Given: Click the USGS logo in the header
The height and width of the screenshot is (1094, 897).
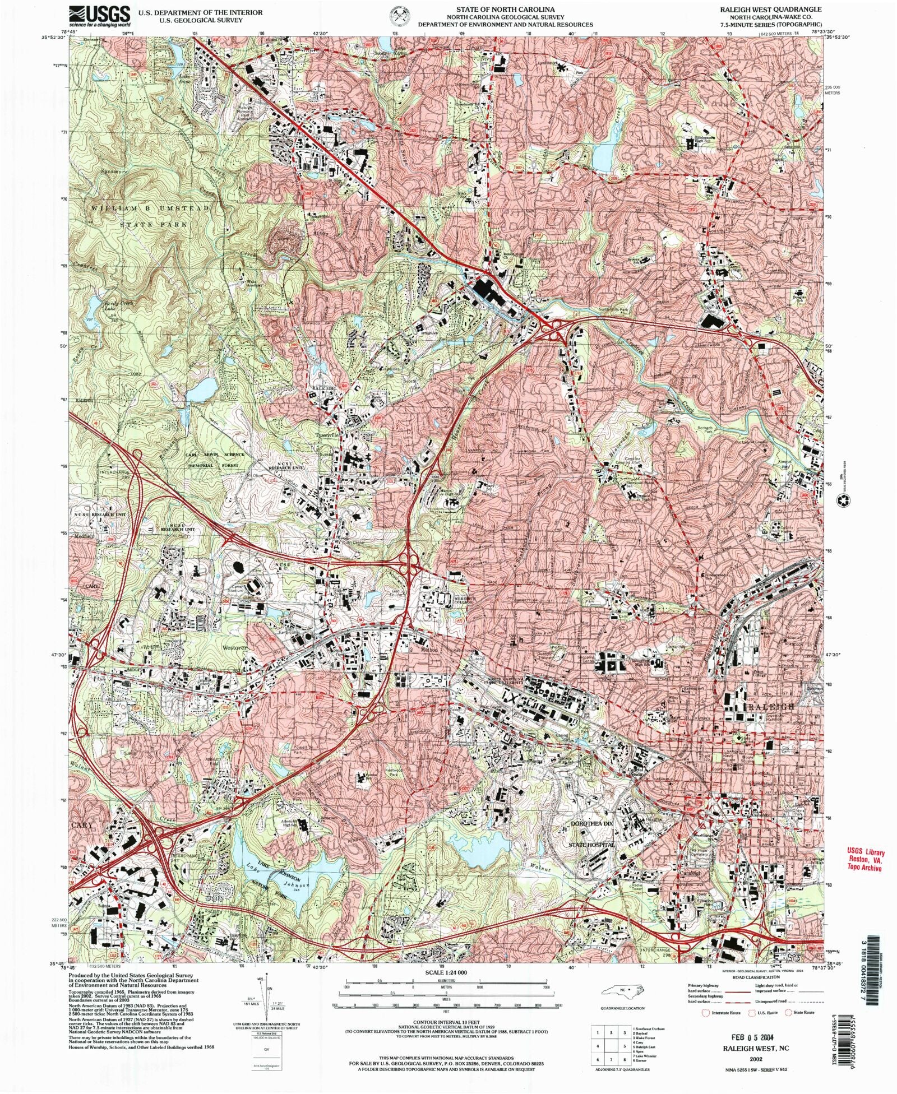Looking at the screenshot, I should (99, 16).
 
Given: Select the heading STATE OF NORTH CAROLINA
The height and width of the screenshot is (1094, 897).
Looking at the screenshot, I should (505, 10).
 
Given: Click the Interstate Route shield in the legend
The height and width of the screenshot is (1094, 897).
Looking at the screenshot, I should (706, 1012).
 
